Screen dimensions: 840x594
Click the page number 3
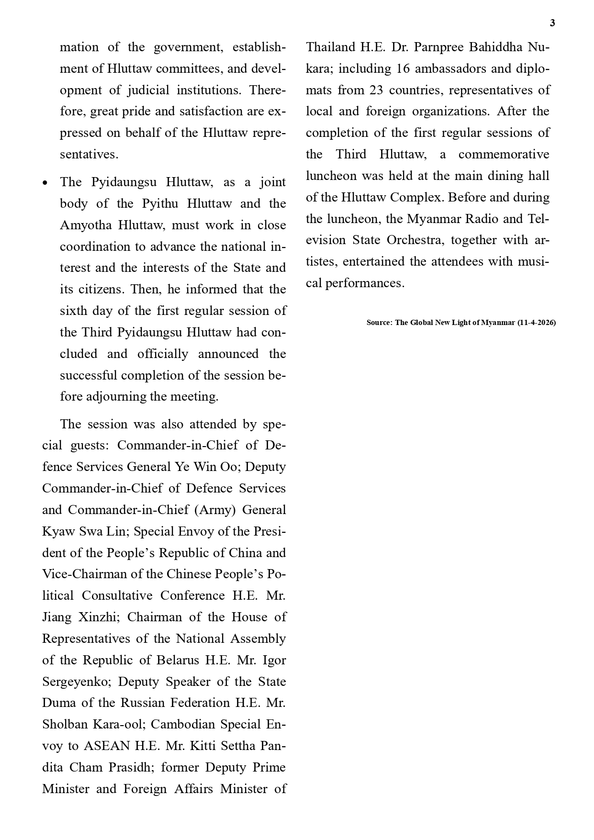[552, 23]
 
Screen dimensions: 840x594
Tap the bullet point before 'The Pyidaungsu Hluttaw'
[45, 183]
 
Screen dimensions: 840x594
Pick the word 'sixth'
[73, 311]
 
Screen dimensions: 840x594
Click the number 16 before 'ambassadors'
[403, 68]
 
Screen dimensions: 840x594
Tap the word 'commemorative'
[504, 154]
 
